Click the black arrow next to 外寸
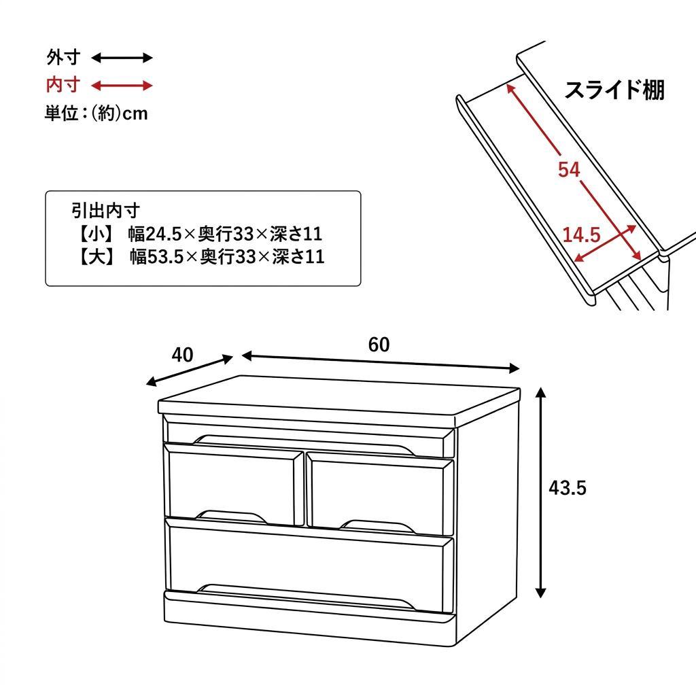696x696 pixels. click(122, 58)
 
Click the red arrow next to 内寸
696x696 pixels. click(122, 86)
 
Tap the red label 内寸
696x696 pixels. click(63, 85)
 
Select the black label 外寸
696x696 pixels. click(63, 57)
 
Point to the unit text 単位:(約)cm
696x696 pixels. click(96, 113)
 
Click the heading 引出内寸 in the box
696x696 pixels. click(105, 210)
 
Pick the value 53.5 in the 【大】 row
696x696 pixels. click(167, 257)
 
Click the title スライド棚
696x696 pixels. click(614, 90)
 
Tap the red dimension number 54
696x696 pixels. click(569, 169)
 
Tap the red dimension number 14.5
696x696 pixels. click(581, 235)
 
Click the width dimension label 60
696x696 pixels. click(379, 345)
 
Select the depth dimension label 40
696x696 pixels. click(182, 355)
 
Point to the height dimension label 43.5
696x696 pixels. click(568, 488)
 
